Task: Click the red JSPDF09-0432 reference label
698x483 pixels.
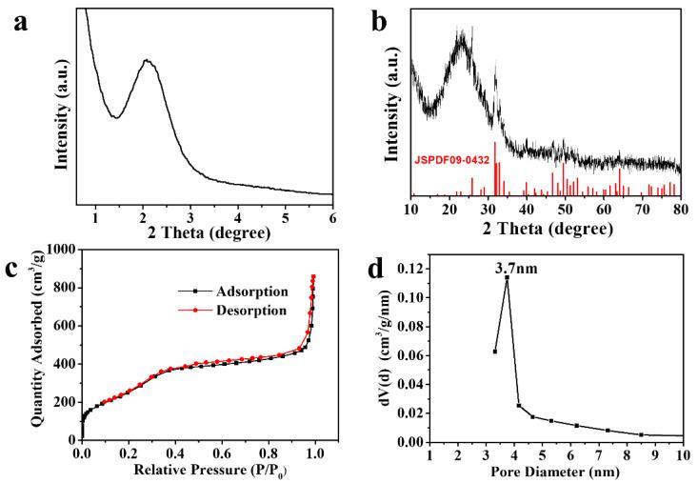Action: [451, 160]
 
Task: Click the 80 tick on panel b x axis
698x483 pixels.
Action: [680, 210]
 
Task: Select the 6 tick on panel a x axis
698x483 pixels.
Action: [332, 211]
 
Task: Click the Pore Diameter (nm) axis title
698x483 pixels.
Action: [555, 471]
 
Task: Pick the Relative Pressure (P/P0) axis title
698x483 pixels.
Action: [198, 471]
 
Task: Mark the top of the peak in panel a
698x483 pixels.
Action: [147, 60]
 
